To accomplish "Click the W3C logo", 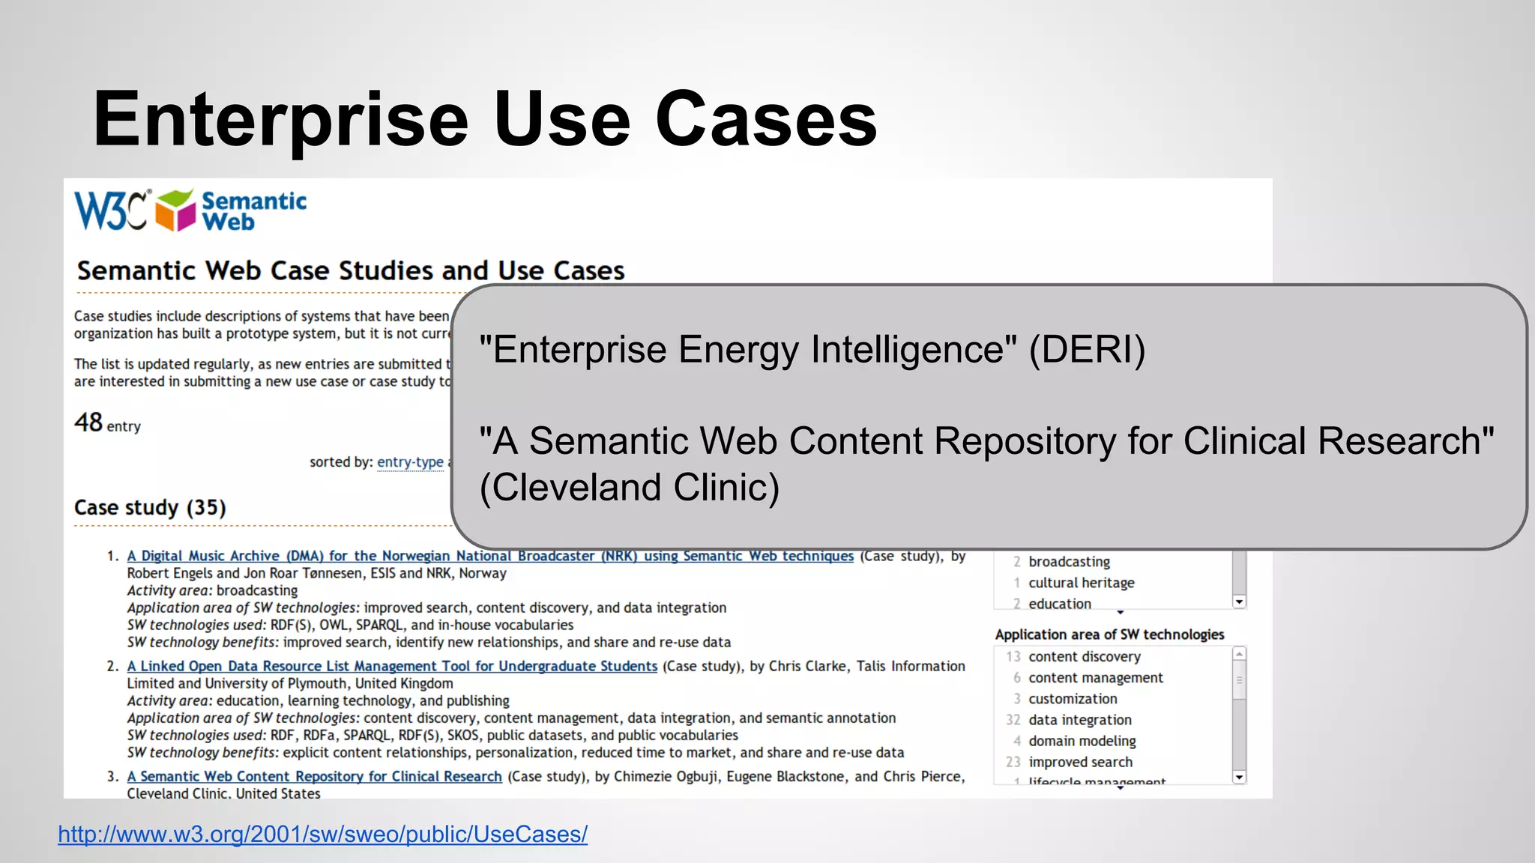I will [111, 211].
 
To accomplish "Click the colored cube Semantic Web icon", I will [175, 211].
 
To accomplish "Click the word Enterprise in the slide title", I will [280, 120].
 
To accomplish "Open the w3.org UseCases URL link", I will [322, 834].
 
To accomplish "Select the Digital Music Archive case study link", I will [489, 556].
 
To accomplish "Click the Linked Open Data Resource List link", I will [391, 666].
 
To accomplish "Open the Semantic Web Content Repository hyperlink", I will [314, 776].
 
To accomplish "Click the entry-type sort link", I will [410, 462].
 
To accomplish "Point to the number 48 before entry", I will [88, 423].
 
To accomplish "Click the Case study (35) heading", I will [150, 508].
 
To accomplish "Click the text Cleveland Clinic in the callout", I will [630, 488].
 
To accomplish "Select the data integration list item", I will [1079, 720].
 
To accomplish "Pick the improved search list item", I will [1080, 762].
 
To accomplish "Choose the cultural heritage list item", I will [1081, 583].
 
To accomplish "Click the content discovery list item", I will [1084, 657].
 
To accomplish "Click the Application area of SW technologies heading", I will [1109, 635].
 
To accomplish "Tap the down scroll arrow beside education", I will [1239, 602].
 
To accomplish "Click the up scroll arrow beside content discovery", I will [1239, 655].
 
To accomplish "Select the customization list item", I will [1073, 699].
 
